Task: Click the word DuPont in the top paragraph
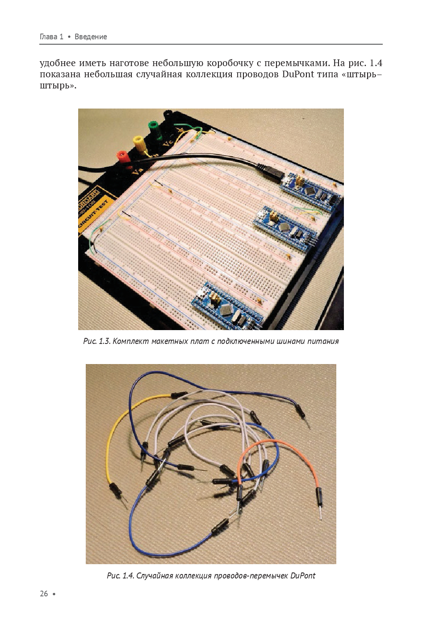[298, 74]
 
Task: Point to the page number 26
[44, 594]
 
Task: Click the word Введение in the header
[91, 37]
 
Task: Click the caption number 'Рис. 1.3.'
[97, 341]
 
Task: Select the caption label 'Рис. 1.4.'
[121, 576]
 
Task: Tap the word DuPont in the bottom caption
[303, 576]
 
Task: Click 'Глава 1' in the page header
[52, 37]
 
